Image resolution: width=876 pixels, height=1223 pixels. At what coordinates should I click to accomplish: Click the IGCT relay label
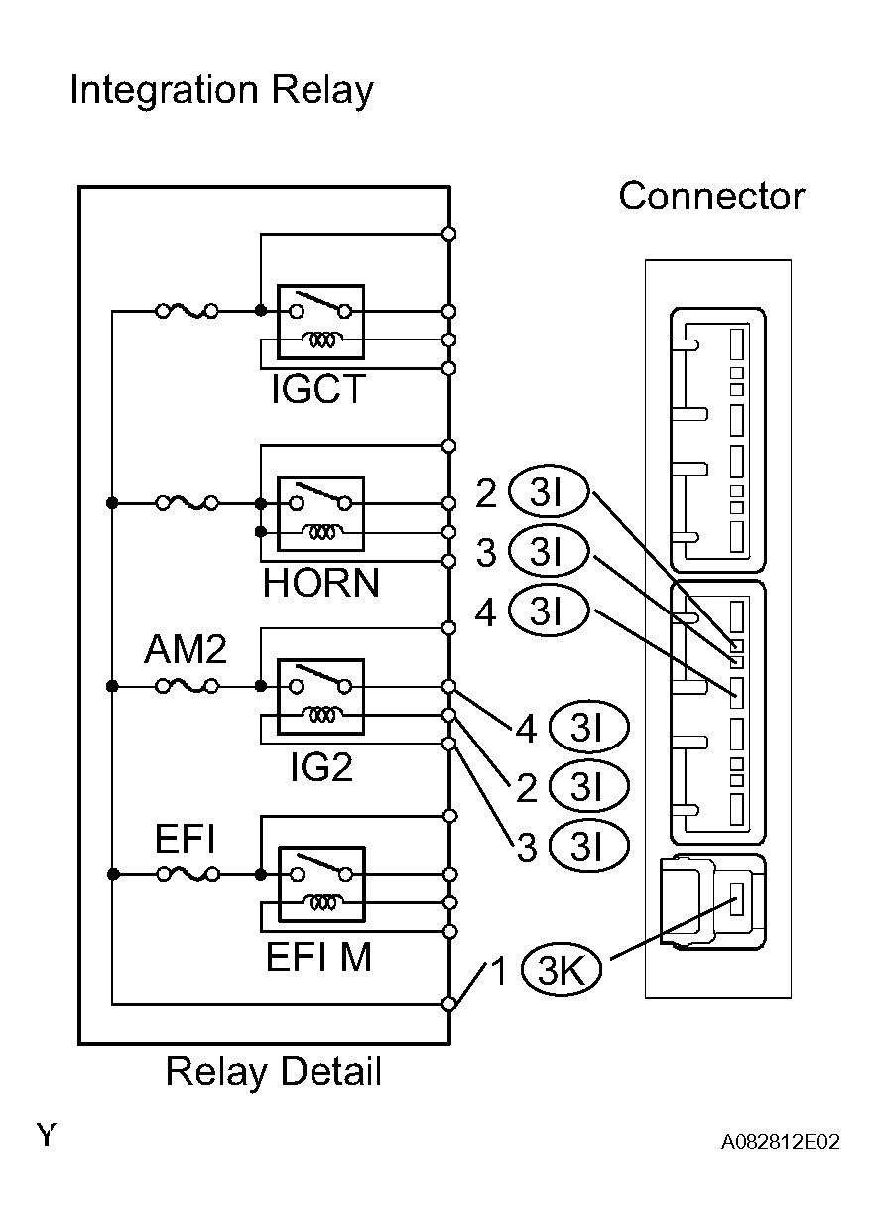318,389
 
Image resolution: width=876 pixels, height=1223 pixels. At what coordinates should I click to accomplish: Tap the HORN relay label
320,583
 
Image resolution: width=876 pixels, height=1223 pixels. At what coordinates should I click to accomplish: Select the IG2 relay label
321,766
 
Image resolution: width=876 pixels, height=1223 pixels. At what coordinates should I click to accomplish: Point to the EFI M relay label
318,957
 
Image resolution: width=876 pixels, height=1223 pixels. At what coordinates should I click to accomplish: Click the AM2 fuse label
186,649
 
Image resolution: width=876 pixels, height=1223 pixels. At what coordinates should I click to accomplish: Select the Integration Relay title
221,90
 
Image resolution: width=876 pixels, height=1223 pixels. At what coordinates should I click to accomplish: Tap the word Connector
711,196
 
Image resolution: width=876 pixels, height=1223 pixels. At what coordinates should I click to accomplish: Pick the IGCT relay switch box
320,322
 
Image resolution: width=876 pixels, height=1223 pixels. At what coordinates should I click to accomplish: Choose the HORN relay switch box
320,514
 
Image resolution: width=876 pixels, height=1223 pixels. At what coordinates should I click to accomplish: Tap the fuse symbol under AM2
187,686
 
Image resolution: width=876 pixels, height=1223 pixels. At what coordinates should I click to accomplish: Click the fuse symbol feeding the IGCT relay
187,312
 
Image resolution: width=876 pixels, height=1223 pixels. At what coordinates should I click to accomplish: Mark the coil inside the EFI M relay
322,903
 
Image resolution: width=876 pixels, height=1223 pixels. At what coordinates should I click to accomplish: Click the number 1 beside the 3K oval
499,970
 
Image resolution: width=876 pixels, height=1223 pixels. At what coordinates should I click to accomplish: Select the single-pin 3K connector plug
713,902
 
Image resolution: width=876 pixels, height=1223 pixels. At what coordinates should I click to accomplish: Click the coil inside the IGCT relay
322,340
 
